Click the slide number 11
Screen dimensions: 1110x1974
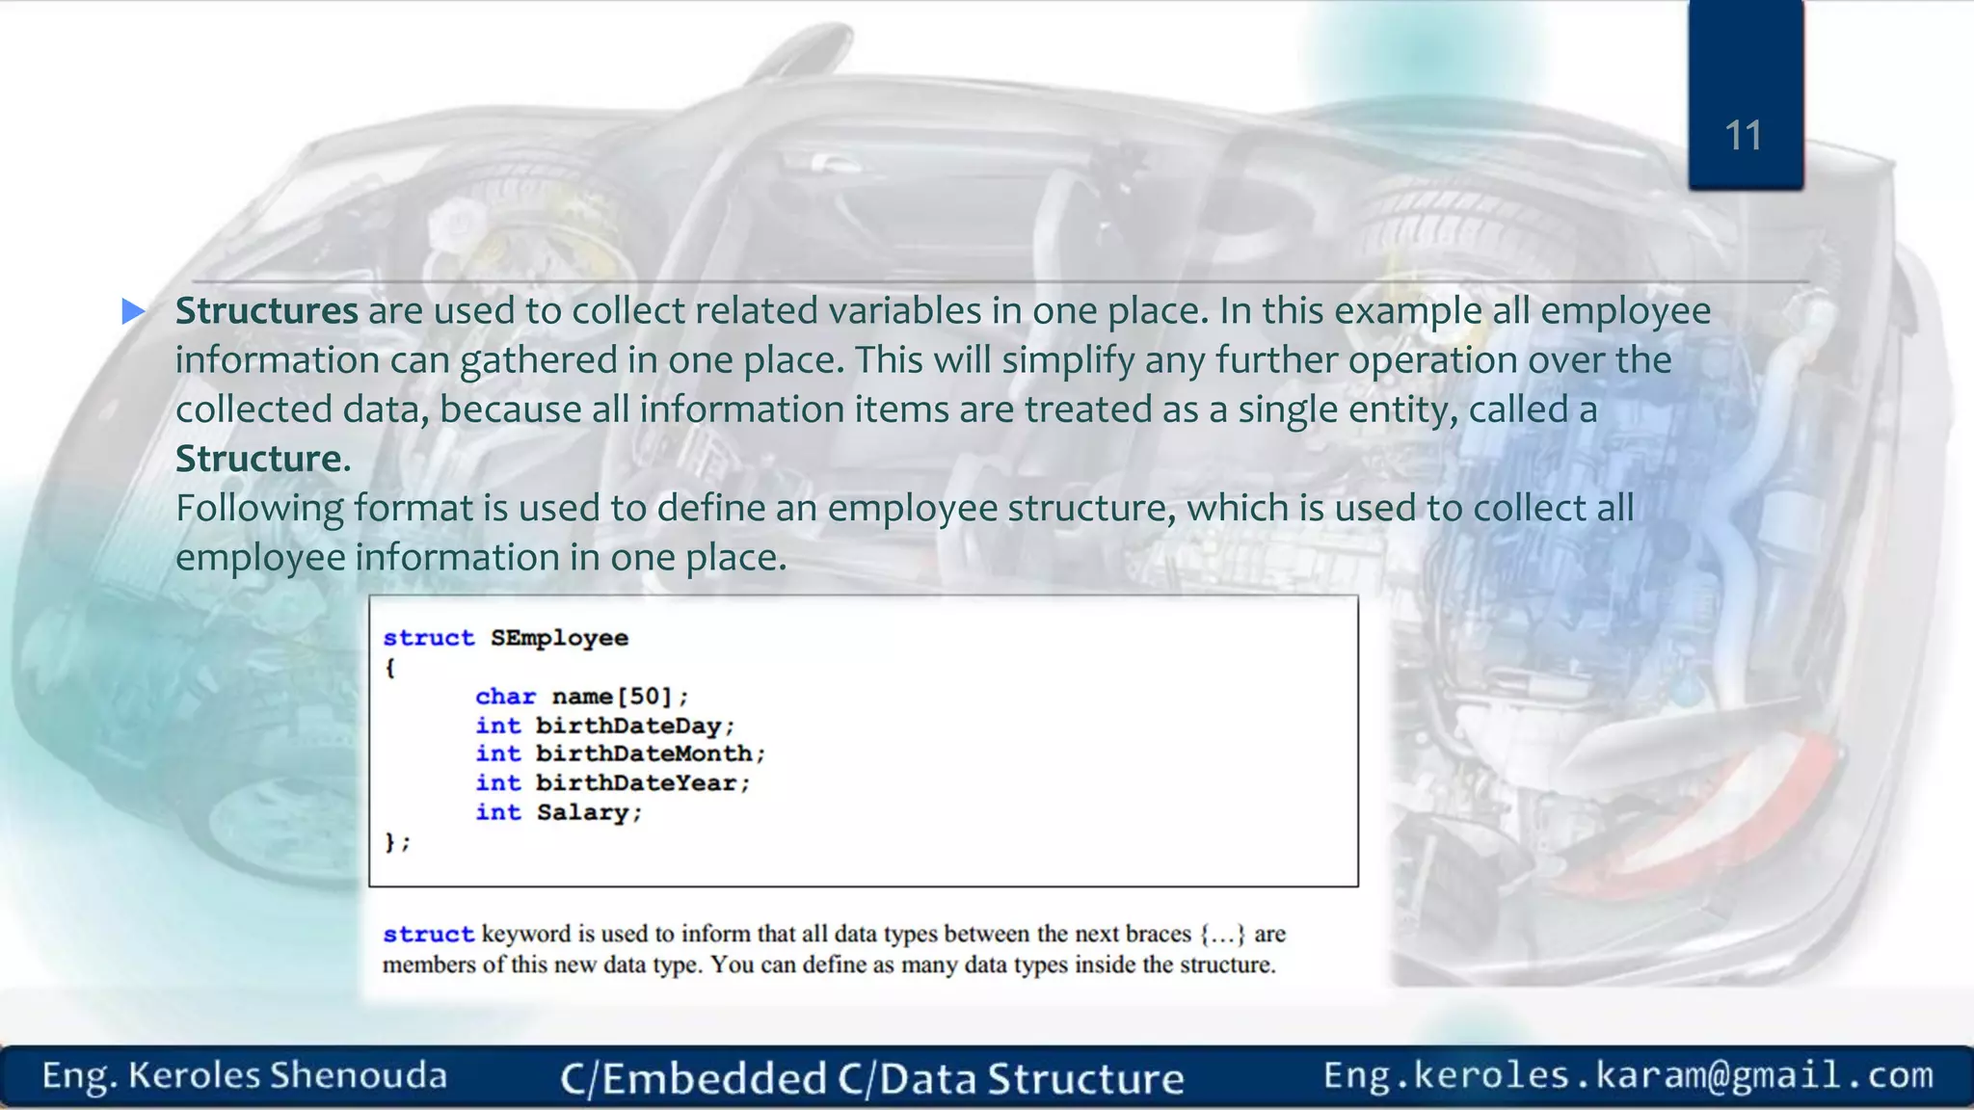(x=1743, y=136)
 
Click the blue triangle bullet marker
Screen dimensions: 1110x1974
(x=134, y=311)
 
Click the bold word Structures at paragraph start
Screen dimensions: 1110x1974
(x=266, y=311)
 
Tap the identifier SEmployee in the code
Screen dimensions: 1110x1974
(x=559, y=638)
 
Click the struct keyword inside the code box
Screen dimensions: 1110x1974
(x=428, y=638)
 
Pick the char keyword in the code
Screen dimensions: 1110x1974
(x=505, y=697)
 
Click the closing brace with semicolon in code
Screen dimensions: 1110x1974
(x=396, y=842)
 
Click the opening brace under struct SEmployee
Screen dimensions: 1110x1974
(x=390, y=668)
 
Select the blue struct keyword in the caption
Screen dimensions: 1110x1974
(x=428, y=934)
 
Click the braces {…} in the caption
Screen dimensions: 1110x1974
(x=1222, y=934)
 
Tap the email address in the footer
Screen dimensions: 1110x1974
(x=1628, y=1075)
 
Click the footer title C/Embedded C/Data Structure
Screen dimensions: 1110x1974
(x=871, y=1078)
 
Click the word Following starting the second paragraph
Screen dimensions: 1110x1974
(x=257, y=508)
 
